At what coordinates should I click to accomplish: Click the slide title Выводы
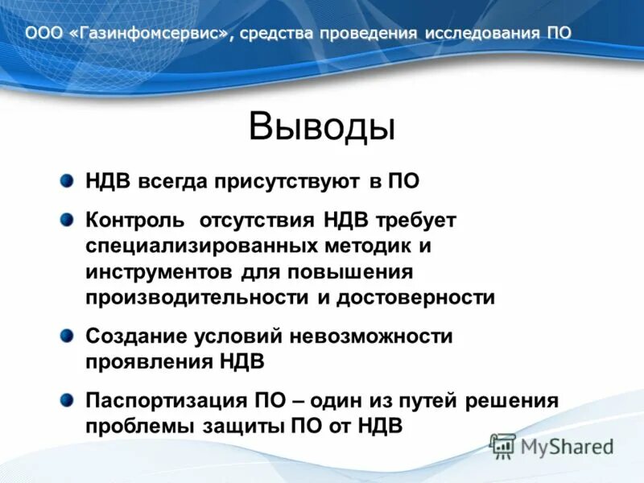click(321, 126)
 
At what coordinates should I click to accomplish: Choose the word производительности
click(196, 297)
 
